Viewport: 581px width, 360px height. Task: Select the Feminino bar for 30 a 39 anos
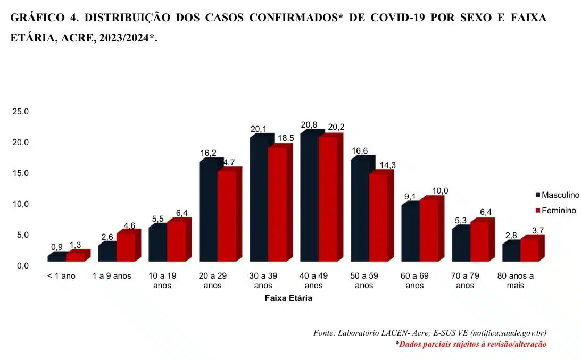277,205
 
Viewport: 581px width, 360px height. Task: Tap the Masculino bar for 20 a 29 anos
208,213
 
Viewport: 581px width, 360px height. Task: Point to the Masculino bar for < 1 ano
56,258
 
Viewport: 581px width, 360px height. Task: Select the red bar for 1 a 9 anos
126,247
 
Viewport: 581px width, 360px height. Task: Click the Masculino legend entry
555,196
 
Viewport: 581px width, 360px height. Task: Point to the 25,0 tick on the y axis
21,112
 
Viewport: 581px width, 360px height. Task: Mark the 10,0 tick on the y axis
21,204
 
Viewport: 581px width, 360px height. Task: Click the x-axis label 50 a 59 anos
364,281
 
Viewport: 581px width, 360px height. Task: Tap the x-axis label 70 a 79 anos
465,281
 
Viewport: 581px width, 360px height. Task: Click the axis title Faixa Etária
288,299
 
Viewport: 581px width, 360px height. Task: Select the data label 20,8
309,125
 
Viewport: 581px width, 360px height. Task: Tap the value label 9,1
410,196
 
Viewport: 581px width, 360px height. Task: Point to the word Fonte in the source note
323,333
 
